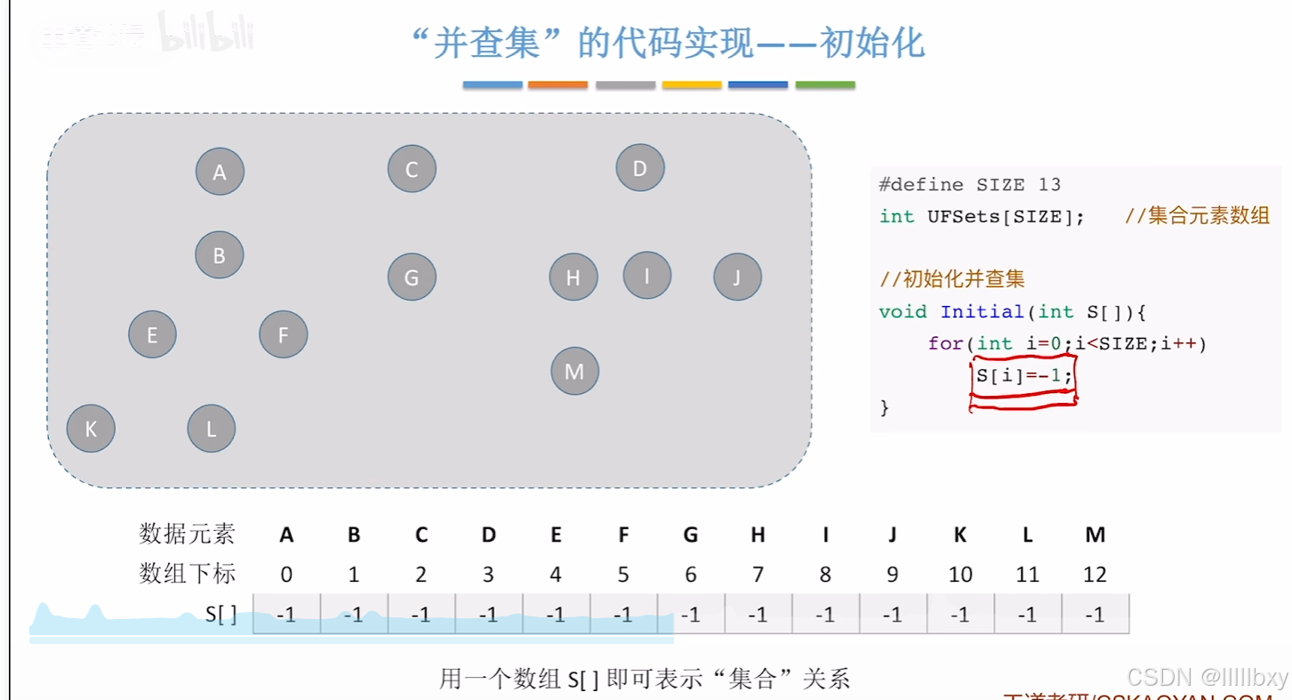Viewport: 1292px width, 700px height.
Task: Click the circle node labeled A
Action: pos(220,173)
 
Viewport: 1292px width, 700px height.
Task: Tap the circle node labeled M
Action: pos(574,371)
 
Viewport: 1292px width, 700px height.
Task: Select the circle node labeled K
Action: pos(91,429)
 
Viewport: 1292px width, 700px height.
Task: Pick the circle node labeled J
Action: pos(737,277)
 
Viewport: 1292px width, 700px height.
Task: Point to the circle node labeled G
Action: pos(412,277)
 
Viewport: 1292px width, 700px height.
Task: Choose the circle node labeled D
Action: pos(640,168)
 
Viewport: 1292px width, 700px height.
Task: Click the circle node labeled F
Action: pos(284,334)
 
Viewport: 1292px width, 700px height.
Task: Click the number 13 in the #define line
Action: pos(1049,185)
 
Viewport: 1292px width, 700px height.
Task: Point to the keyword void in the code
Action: pos(903,311)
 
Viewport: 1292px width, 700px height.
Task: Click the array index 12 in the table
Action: pos(1095,575)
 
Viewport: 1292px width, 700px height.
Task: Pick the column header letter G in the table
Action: pos(691,535)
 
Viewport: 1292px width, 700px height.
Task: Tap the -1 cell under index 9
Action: pos(892,615)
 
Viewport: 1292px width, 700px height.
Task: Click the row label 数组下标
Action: pos(188,574)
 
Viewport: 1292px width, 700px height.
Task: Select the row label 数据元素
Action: pos(188,534)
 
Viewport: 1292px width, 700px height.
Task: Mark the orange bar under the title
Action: pos(558,85)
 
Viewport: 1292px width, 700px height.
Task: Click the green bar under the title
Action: pos(825,85)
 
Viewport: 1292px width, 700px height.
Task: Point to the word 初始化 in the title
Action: pos(871,43)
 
